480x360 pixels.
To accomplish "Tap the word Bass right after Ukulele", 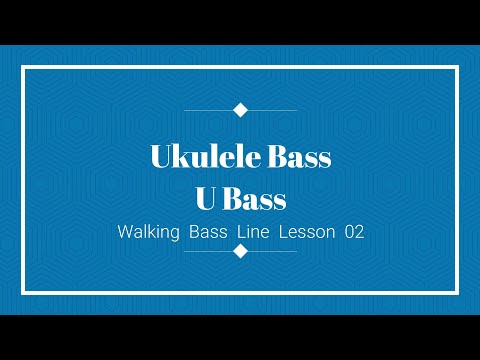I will coord(297,157).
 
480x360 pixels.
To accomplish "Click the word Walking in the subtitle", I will coord(147,231).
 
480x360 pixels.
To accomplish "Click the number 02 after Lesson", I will coord(353,231).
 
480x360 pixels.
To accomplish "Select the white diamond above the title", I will coord(240,109).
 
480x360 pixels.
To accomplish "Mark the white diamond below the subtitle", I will coord(240,251).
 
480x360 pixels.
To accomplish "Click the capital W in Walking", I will coord(124,231).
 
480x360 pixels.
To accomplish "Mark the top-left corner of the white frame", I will coord(23,67).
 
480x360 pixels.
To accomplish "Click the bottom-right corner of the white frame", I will coord(457,292).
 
